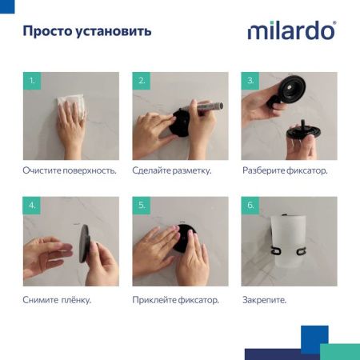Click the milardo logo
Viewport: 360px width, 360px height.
(x=291, y=31)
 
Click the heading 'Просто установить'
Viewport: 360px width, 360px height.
(x=86, y=32)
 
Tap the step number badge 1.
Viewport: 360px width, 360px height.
(x=31, y=81)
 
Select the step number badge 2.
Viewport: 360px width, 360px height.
(x=142, y=81)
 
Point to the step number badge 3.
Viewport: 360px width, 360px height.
(x=250, y=81)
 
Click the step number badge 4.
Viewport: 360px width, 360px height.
(x=31, y=206)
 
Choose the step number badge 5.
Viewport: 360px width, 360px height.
(x=142, y=206)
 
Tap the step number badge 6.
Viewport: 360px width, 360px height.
(x=250, y=206)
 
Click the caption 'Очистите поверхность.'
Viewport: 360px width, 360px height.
(x=69, y=171)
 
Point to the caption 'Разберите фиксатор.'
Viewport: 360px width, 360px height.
(x=284, y=171)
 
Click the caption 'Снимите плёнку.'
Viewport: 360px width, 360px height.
(x=56, y=300)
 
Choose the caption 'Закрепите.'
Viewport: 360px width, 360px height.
(x=263, y=300)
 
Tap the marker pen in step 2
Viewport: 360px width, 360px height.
(x=206, y=106)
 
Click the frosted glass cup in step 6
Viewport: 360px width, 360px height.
(x=288, y=240)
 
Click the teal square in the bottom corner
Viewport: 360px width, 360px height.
(x=339, y=351)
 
